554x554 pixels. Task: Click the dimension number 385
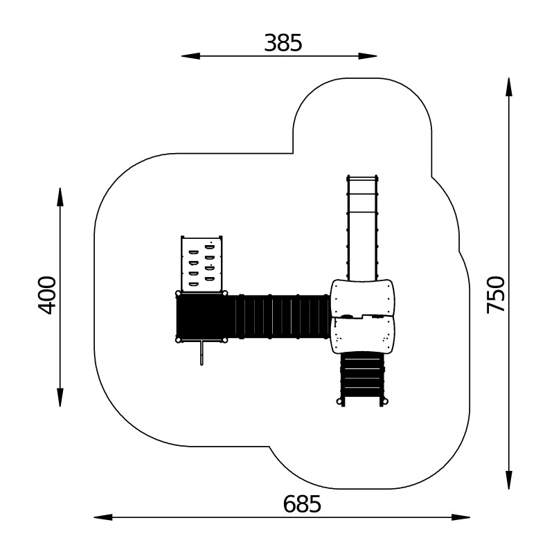[283, 43]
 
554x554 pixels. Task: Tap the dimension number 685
[302, 504]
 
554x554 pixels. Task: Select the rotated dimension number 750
[495, 295]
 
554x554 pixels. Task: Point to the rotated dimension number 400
[47, 295]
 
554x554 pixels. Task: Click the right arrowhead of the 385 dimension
[368, 56]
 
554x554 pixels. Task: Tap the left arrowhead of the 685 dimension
[103, 517]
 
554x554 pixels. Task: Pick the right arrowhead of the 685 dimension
[461, 517]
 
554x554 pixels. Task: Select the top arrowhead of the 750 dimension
[509, 87]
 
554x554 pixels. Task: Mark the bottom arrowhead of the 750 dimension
[509, 480]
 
